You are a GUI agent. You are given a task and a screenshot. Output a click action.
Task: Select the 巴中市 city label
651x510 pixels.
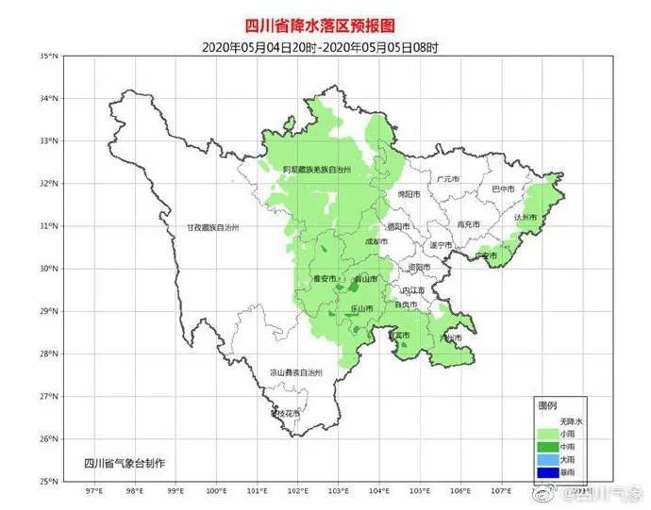point(505,189)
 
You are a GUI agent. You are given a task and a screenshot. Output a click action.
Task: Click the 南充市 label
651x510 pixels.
point(469,224)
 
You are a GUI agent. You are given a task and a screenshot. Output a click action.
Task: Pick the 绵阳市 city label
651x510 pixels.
point(408,194)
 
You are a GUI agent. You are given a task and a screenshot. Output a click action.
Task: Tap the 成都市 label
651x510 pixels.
point(375,241)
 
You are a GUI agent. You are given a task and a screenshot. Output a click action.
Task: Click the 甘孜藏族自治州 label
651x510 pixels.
point(213,228)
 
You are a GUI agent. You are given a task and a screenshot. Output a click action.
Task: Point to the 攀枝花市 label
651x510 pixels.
point(284,413)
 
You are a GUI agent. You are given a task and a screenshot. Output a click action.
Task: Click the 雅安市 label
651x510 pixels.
point(324,279)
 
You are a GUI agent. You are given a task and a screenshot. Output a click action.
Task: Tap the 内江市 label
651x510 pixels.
point(414,290)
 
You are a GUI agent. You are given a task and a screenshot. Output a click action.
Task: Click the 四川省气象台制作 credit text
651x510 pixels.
point(124,463)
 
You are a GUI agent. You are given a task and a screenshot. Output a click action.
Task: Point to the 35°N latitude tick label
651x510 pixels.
point(49,57)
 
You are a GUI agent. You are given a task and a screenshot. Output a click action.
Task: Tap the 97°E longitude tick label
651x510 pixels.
point(93,491)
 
